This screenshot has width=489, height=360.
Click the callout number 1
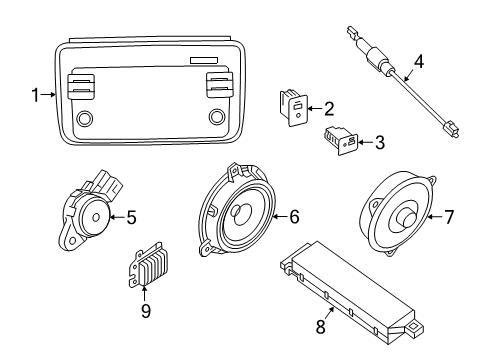coord(36,96)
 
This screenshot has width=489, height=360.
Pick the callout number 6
coord(294,215)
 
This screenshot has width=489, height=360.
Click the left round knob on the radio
coord(84,118)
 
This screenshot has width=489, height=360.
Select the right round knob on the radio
coord(215,118)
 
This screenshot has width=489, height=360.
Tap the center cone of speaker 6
coord(241,213)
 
